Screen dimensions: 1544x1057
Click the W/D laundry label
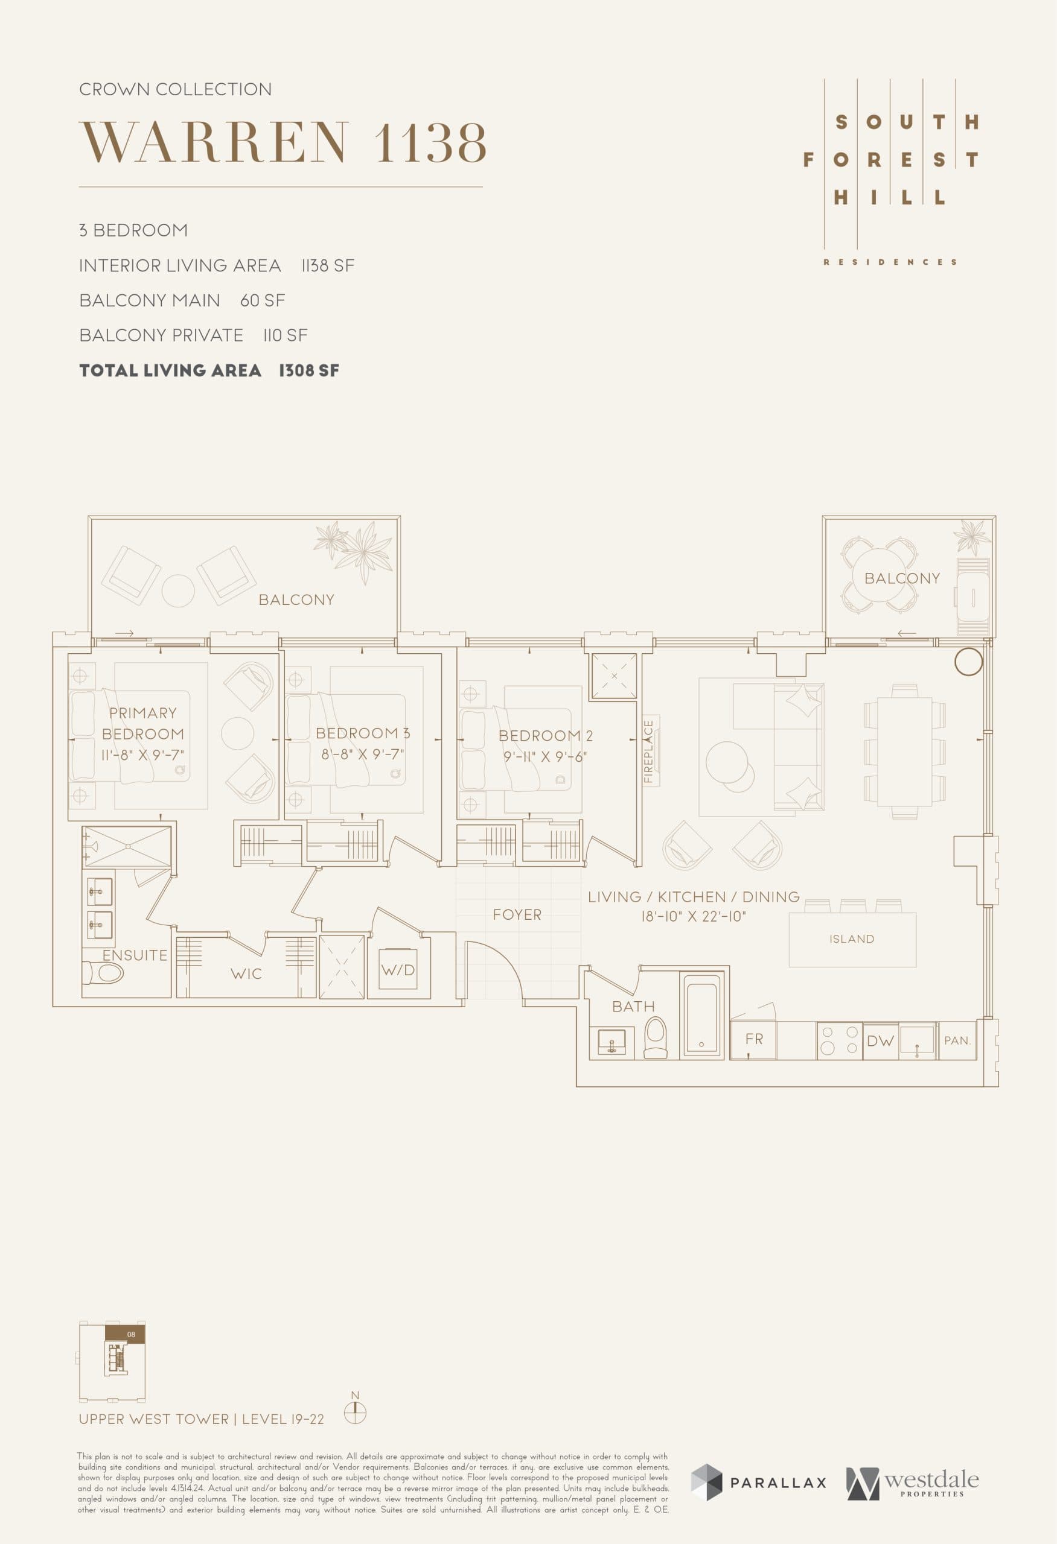(x=398, y=970)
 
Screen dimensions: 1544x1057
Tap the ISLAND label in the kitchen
(x=852, y=938)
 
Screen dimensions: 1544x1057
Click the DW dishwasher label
(x=880, y=1041)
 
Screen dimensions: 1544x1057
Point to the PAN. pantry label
(x=957, y=1040)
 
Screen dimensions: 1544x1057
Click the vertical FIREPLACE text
(x=649, y=751)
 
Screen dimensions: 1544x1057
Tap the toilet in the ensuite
(x=104, y=974)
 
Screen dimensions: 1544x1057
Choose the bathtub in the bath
(x=701, y=1013)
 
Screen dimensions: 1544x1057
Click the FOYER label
(x=517, y=915)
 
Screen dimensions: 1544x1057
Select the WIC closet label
(x=246, y=974)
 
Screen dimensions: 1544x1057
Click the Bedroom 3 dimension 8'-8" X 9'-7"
(x=363, y=754)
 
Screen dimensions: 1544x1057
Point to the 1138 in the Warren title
(x=430, y=142)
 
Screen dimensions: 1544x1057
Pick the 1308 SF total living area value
(x=308, y=371)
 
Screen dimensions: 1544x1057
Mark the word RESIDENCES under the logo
(x=890, y=262)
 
